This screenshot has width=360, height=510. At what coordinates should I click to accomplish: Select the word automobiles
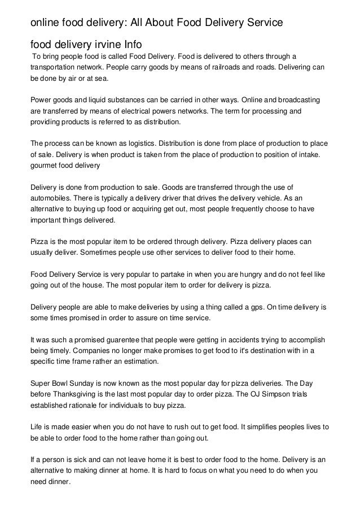point(51,198)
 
